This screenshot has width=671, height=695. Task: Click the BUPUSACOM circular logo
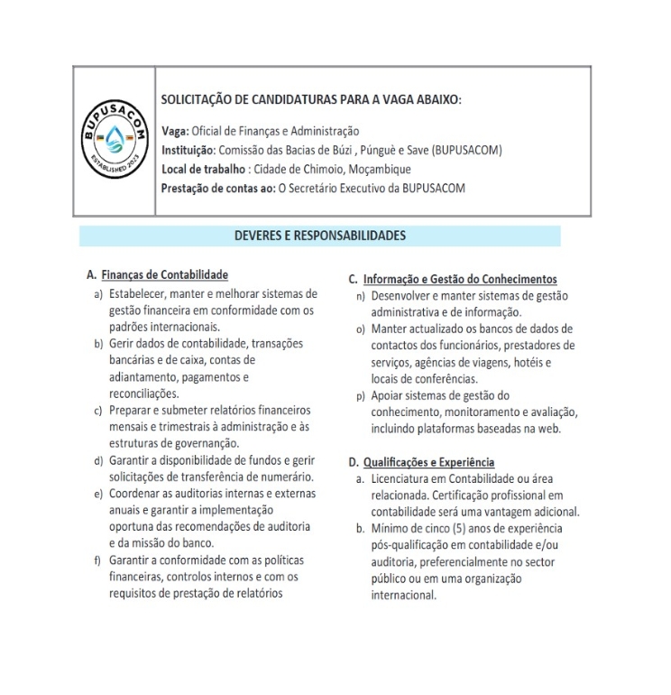click(x=115, y=142)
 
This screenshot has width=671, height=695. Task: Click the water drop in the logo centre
click(x=115, y=142)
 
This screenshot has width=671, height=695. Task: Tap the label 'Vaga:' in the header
click(x=175, y=132)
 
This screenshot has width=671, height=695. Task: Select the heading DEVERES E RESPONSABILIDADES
click(x=319, y=236)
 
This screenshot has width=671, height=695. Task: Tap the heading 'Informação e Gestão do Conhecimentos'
click(x=460, y=279)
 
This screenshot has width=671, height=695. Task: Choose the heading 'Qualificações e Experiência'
click(x=428, y=463)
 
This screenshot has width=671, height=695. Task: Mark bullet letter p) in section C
click(x=361, y=395)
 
